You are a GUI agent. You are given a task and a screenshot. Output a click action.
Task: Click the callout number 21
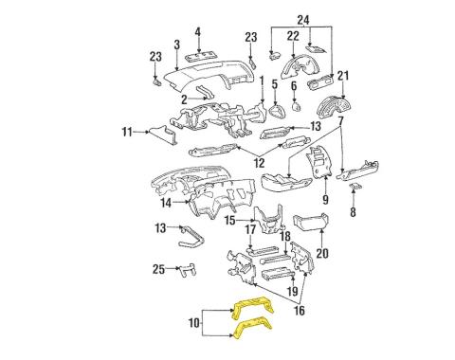point(344,76)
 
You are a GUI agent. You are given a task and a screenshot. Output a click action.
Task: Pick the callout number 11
point(126,134)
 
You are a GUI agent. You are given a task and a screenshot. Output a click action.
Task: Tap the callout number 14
point(166,203)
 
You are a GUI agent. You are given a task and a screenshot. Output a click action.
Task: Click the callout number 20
point(320,252)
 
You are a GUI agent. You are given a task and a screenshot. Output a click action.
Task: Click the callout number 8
point(353,213)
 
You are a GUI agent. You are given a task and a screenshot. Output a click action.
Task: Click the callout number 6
point(295,86)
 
